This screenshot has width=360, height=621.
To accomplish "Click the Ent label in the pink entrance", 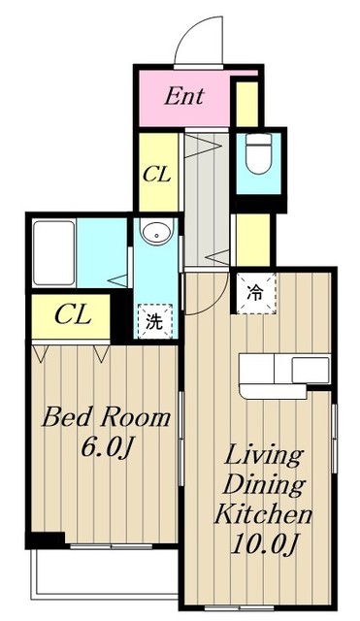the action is click(x=184, y=96).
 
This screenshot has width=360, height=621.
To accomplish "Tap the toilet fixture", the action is click(x=258, y=152).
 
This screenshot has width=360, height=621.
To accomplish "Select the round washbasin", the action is click(x=157, y=232).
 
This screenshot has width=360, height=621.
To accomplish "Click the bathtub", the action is click(x=54, y=253).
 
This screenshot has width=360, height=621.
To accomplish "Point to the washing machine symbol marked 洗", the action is click(x=155, y=321).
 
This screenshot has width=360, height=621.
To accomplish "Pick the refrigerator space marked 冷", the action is click(x=256, y=293).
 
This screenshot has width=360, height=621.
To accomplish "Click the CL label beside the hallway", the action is click(x=157, y=174).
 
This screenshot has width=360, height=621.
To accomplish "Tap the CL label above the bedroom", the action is click(x=73, y=315).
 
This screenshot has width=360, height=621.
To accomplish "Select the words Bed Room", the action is click(x=106, y=417).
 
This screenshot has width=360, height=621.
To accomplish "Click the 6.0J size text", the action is click(x=106, y=447).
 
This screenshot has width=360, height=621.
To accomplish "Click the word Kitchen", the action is click(x=263, y=514).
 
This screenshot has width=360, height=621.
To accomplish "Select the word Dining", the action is click(x=264, y=484).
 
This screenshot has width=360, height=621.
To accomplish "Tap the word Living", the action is click(x=264, y=455).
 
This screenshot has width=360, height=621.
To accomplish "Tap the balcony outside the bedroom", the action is click(x=104, y=573).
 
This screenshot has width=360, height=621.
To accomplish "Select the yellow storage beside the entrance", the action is click(x=246, y=104).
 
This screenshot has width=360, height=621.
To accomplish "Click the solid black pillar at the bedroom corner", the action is click(x=46, y=540).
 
